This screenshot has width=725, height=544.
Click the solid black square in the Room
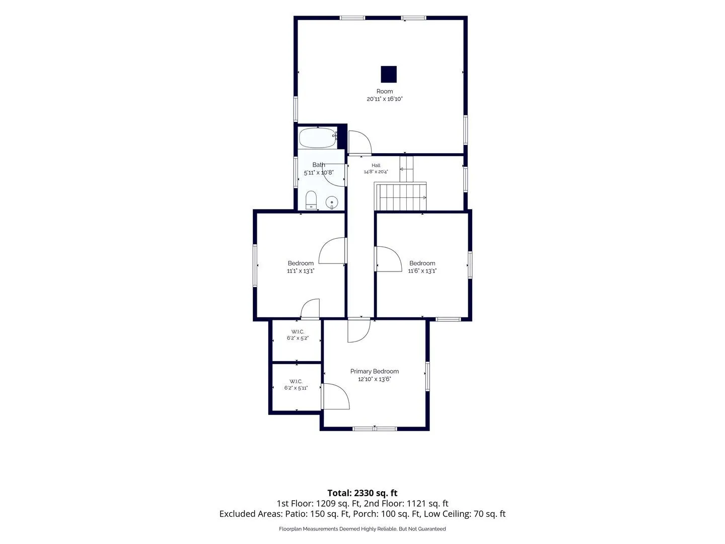[388, 74]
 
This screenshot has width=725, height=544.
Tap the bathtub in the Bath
[318, 138]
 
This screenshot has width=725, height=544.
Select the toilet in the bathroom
[311, 200]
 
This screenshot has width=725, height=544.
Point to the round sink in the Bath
[331, 202]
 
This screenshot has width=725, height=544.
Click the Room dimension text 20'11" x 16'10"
[385, 99]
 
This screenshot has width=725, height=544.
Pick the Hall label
[376, 165]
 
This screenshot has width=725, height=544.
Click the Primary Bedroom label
[374, 371]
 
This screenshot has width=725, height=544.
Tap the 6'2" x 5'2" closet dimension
[298, 338]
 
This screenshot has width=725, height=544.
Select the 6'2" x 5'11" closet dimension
[296, 388]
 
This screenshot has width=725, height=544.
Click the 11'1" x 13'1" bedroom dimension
[301, 271]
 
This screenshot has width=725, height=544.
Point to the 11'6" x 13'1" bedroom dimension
[422, 271]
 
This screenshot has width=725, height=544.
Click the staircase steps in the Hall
[401, 197]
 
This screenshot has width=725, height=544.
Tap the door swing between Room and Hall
[360, 143]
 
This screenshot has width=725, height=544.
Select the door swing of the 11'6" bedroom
[389, 259]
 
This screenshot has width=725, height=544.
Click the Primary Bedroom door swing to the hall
[358, 330]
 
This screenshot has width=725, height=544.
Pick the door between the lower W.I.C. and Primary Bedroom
[336, 396]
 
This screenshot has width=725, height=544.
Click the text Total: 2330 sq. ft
[362, 493]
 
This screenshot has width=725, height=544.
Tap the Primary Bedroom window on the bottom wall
[375, 429]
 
